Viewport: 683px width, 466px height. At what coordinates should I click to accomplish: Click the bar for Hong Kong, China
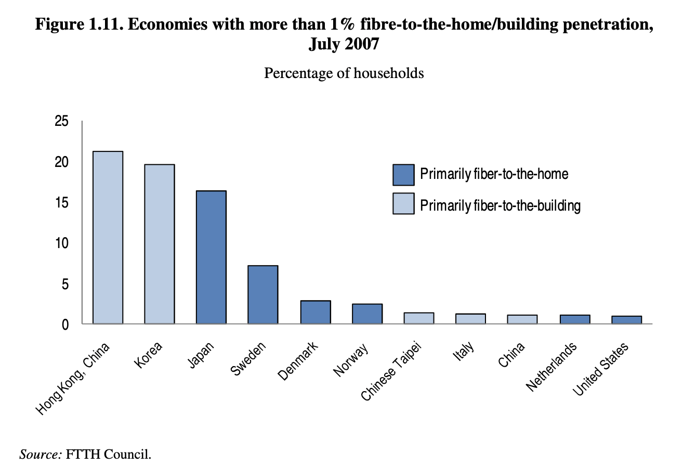[108, 237]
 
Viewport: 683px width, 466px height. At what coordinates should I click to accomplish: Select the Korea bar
[159, 244]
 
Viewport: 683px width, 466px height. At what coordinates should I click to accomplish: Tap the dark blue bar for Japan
[211, 257]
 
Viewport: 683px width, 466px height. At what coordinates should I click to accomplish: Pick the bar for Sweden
[262, 294]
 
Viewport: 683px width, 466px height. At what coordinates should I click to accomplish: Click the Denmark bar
[315, 312]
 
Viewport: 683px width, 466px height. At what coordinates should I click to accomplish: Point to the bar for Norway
[367, 314]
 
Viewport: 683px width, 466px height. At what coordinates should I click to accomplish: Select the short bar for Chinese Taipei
[418, 318]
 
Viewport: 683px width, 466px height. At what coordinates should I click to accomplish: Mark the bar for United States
[626, 320]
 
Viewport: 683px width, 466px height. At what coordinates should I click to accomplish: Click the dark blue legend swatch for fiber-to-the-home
[403, 175]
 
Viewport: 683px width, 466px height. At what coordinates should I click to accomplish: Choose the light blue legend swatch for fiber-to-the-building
[403, 203]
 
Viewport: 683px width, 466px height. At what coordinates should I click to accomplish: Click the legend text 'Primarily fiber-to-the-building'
[500, 206]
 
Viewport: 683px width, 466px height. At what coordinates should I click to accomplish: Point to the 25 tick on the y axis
[61, 122]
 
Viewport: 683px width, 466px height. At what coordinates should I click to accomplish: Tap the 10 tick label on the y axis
[61, 243]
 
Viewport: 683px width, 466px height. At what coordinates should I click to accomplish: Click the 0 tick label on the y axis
[65, 325]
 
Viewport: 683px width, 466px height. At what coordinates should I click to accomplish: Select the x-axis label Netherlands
[551, 367]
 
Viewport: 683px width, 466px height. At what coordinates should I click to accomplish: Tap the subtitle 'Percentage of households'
[344, 73]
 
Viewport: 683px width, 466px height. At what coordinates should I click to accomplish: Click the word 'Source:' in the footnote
[41, 454]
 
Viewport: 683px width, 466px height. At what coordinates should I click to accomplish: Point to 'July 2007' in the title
[344, 44]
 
